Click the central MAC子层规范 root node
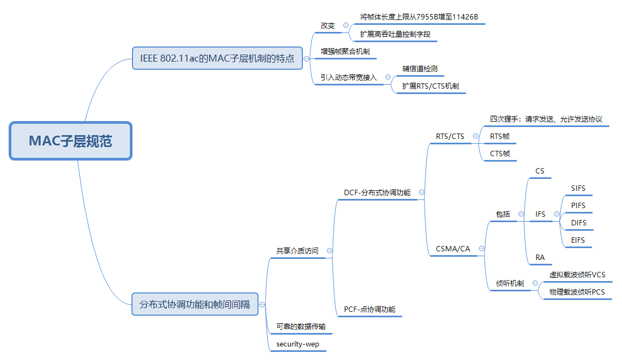[70, 141]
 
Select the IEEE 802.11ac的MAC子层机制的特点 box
[217, 58]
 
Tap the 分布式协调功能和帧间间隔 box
[195, 304]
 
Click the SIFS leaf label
[578, 189]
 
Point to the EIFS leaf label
[578, 240]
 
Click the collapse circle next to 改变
[346, 25]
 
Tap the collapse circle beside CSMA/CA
[481, 249]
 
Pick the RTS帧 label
[500, 137]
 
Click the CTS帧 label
[500, 154]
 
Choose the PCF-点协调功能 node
[369, 309]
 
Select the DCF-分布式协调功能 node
[377, 192]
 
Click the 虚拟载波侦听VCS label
[577, 275]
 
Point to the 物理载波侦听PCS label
[577, 292]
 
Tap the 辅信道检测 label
[420, 69]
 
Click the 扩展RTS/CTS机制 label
[431, 86]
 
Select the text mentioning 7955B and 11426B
[419, 17]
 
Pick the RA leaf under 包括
[540, 257]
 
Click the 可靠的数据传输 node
[301, 326]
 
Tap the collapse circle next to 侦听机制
[535, 283]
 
